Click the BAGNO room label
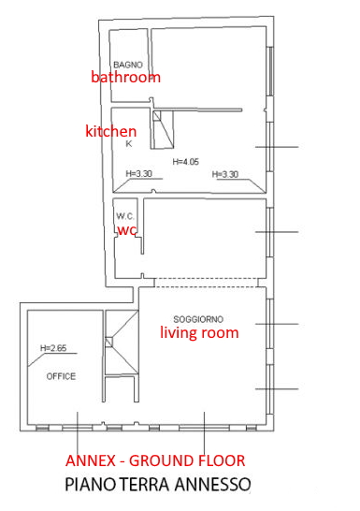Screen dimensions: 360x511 point(128,65)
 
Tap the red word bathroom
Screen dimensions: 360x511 point(125,78)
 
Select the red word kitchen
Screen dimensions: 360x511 point(110,131)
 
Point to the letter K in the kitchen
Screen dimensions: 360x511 point(129,144)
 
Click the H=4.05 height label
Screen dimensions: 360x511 point(185,162)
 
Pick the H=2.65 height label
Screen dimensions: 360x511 point(53,348)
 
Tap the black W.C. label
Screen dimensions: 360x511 point(125,216)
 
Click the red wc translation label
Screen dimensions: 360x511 point(126,230)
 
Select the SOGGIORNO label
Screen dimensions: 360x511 point(198,319)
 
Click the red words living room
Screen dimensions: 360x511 point(199,333)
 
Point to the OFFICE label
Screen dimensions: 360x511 point(61,377)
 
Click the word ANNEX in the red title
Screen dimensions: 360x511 point(91,460)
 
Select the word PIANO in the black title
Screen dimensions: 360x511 point(90,485)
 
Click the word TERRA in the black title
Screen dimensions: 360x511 point(145,485)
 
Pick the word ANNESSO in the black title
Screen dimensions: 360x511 point(212,485)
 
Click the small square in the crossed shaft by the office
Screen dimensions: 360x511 point(109,343)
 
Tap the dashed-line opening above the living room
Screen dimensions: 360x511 point(206,283)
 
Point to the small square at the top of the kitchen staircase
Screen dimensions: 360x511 point(157,116)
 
